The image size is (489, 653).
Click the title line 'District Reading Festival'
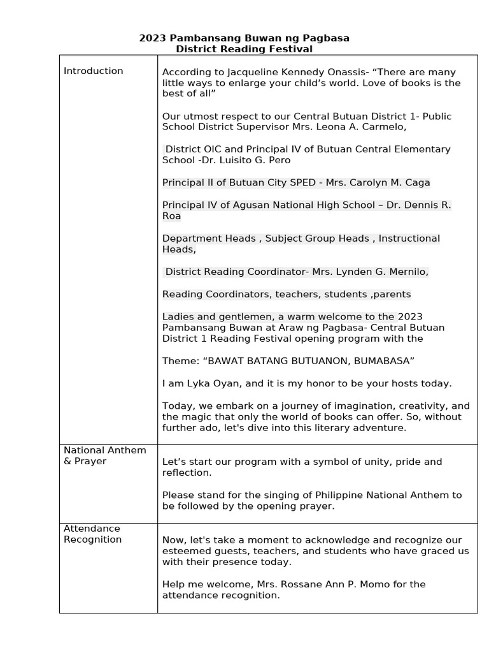coord(244,49)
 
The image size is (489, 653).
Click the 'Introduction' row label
coord(93,71)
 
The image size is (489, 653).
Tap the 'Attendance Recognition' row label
coord(92,534)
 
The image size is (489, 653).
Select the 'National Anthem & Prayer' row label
coord(104,455)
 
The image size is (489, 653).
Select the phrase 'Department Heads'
coord(209,238)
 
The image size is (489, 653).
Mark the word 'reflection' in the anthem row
coord(186,473)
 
